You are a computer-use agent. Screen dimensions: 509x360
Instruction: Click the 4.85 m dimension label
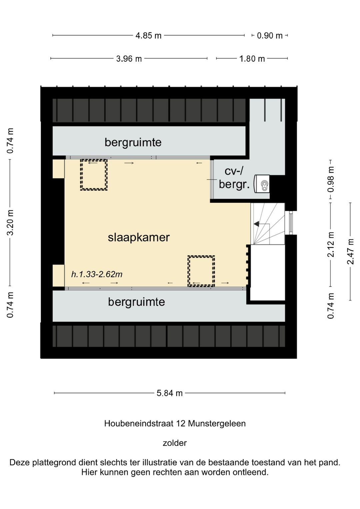point(148,35)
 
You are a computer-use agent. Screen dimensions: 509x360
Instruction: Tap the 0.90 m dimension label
point(269,35)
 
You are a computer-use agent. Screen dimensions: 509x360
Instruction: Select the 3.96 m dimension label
point(129,59)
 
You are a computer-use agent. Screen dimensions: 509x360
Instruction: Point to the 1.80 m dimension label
point(252,59)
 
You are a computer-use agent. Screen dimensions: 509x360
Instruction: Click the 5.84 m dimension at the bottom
point(170,393)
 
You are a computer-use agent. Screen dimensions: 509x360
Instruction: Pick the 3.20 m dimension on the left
point(10,222)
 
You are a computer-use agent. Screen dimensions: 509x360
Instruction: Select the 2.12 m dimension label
point(331,244)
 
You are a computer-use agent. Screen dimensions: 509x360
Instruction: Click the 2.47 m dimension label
point(350,251)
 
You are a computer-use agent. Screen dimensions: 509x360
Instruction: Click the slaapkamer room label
point(139,237)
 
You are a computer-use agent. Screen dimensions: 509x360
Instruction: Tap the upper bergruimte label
point(133,142)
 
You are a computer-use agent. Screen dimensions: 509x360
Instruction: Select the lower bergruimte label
point(136,302)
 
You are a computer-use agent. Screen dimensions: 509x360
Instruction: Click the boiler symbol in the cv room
point(262,184)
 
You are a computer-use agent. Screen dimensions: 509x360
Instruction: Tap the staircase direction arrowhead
point(256,224)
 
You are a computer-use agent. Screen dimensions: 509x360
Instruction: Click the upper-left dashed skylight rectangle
point(94,175)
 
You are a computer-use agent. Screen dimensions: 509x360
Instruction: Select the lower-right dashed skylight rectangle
point(201,271)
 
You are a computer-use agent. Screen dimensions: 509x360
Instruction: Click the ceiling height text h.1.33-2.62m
point(97,274)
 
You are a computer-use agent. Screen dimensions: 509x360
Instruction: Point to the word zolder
point(175,443)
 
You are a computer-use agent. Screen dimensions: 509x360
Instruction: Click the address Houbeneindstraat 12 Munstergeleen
point(175,423)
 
